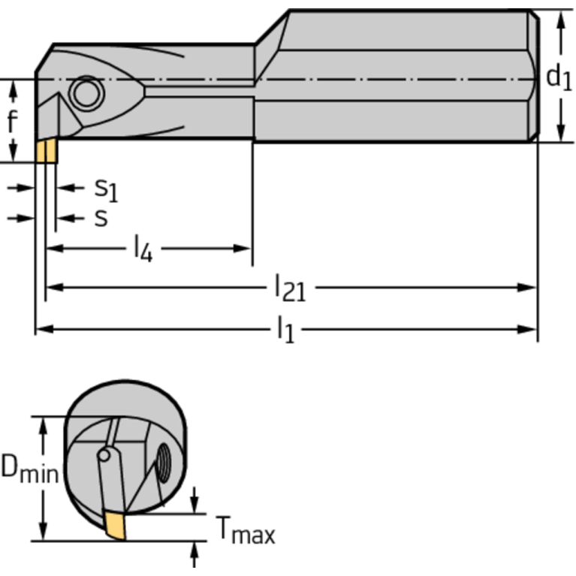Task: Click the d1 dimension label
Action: point(557,76)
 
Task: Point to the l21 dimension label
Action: point(290,288)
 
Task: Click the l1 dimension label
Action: point(285,329)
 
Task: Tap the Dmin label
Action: point(29,469)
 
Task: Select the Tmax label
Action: point(246,532)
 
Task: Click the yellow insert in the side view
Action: point(46,151)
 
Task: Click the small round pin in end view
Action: point(105,455)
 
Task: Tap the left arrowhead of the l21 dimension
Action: point(53,288)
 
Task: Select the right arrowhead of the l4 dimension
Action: point(244,249)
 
